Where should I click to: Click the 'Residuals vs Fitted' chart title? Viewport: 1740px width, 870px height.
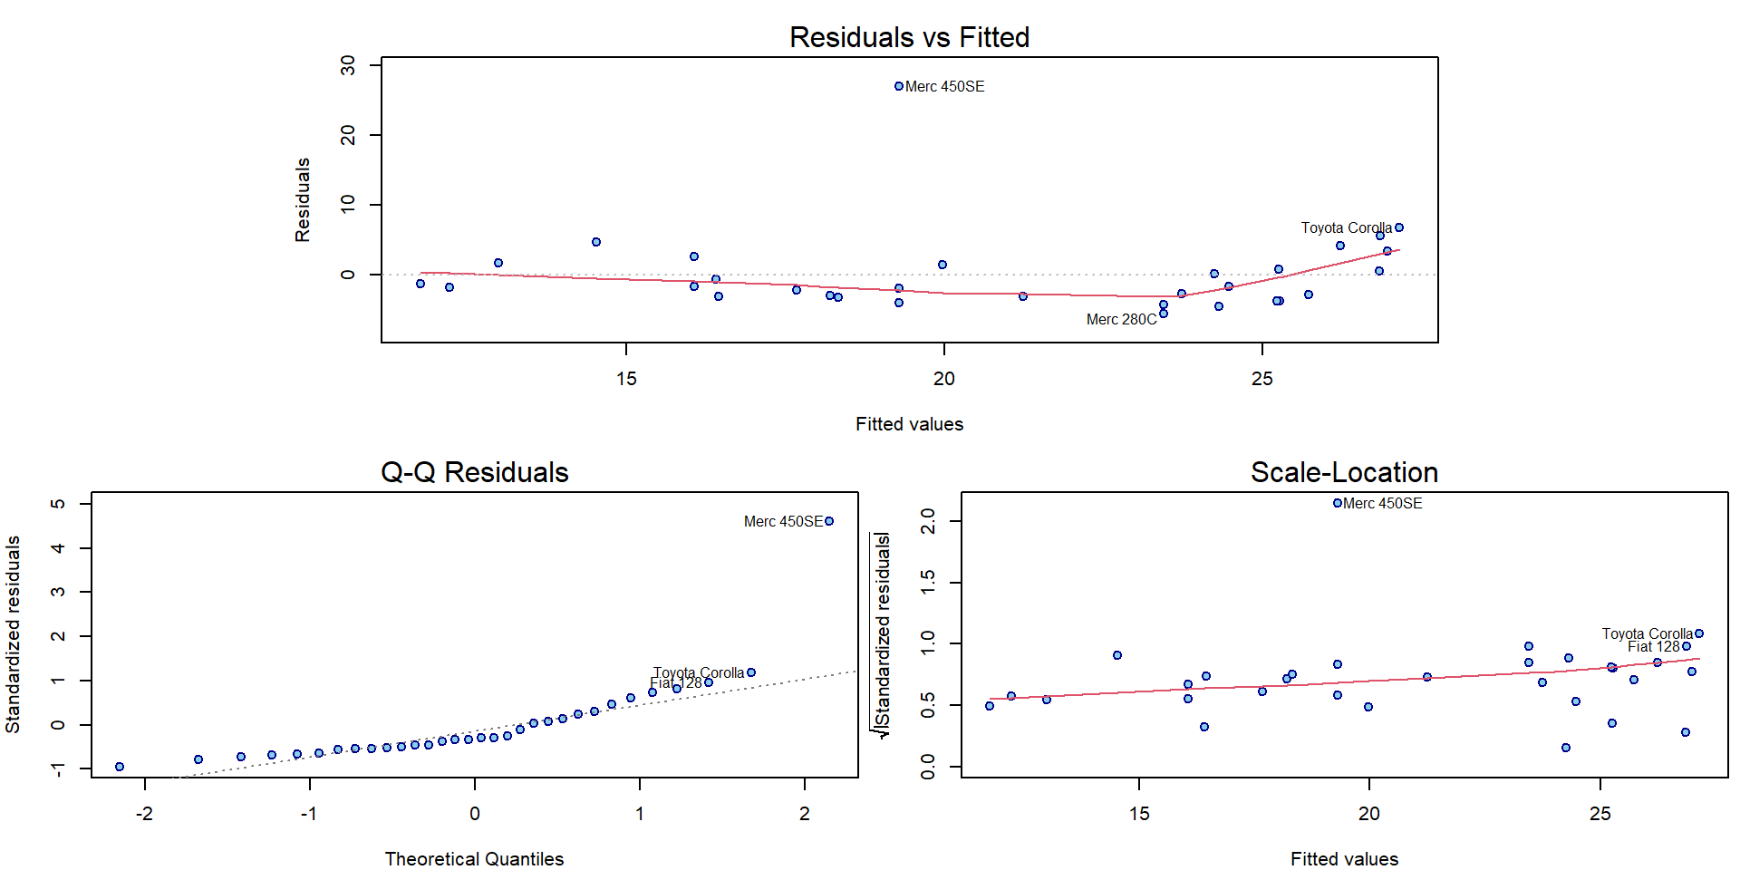[x=909, y=37]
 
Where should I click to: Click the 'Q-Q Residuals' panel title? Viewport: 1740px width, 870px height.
[x=474, y=472]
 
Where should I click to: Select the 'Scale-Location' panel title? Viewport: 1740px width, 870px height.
[x=1344, y=472]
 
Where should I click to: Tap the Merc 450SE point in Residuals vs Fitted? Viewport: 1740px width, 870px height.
[x=899, y=86]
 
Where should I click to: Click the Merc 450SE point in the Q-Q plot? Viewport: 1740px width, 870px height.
[x=829, y=521]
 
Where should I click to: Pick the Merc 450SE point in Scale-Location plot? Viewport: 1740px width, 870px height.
[x=1338, y=503]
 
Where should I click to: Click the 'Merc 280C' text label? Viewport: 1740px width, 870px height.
[x=1121, y=319]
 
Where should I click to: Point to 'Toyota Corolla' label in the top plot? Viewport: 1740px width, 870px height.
[x=1346, y=227]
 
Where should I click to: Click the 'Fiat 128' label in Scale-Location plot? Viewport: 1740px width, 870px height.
[x=1653, y=646]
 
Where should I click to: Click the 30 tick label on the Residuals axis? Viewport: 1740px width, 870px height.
[x=348, y=65]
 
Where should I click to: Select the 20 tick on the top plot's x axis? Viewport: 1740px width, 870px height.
[x=944, y=379]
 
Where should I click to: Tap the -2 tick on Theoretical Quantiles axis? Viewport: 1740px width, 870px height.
[x=144, y=814]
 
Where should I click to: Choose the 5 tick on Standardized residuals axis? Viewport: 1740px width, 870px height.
[x=58, y=504]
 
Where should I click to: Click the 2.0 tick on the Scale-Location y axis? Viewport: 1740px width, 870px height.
[x=928, y=521]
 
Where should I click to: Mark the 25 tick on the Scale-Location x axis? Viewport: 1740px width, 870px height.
[x=1600, y=814]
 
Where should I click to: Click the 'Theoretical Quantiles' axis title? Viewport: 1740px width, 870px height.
[x=474, y=858]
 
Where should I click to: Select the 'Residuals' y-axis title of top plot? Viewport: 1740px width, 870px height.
[x=303, y=200]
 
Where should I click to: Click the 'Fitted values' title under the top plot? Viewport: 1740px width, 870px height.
[x=909, y=424]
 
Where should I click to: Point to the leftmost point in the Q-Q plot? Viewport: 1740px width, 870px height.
[x=120, y=767]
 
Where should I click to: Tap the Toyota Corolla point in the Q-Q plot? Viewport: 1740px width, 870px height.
[x=751, y=672]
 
